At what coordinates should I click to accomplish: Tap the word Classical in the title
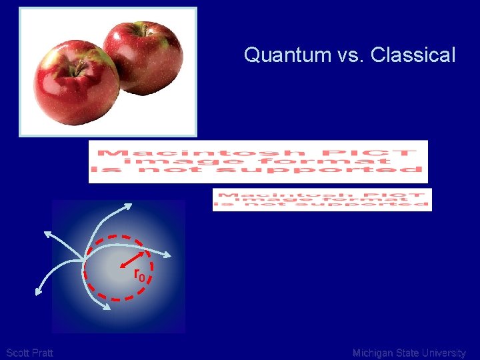(413, 55)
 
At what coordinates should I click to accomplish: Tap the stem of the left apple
(79, 66)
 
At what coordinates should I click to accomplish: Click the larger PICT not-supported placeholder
(258, 161)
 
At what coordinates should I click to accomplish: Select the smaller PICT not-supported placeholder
(322, 199)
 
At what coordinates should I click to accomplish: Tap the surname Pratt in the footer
(42, 353)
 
